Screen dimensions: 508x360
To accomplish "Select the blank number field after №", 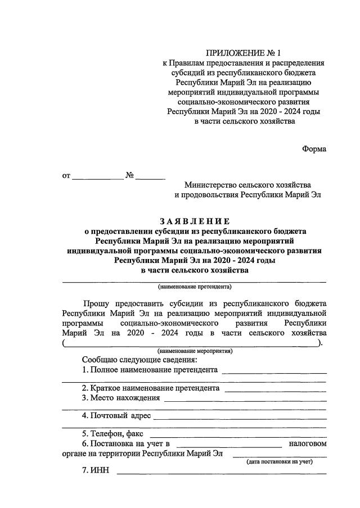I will (x=150, y=176).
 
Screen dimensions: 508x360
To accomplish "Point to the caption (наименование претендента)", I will (x=195, y=286).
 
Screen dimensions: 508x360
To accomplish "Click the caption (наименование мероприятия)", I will (x=195, y=351).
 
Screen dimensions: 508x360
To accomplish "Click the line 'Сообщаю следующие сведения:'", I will (x=139, y=360).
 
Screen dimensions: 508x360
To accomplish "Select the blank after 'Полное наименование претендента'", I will (x=274, y=370).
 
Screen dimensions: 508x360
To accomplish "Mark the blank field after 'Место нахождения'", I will (x=245, y=398).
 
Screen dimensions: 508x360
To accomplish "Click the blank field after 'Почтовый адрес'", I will (x=240, y=416).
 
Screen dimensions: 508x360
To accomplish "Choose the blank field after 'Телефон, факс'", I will (x=238, y=434).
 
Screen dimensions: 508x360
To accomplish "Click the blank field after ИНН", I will (x=221, y=470).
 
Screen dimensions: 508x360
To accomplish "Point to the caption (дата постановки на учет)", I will (x=280, y=461).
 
